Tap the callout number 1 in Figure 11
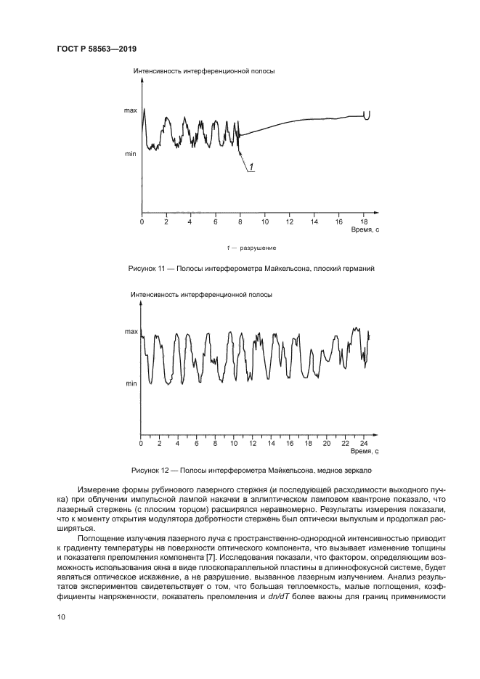[251, 168]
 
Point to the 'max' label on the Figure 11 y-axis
[130, 110]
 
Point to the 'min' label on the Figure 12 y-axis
[131, 383]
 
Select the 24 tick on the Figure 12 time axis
[364, 442]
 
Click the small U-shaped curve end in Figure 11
[367, 115]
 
